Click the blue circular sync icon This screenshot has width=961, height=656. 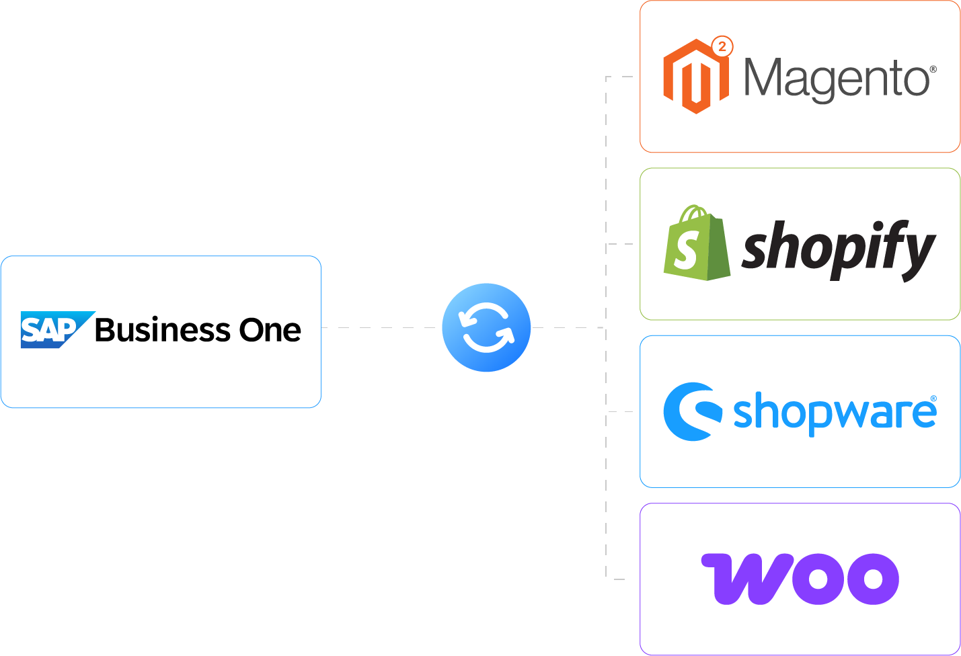486,328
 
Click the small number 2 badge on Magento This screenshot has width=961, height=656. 722,46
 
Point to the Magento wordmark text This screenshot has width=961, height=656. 837,79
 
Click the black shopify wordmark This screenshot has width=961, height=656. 838,249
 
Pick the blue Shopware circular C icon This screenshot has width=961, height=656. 691,411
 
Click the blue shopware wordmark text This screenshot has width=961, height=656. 834,413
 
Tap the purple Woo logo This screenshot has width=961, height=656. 800,579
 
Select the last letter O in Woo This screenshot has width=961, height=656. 872,579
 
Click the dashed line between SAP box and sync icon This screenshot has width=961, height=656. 381,328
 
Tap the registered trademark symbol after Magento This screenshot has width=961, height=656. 933,69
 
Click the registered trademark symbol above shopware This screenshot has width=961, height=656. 933,399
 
